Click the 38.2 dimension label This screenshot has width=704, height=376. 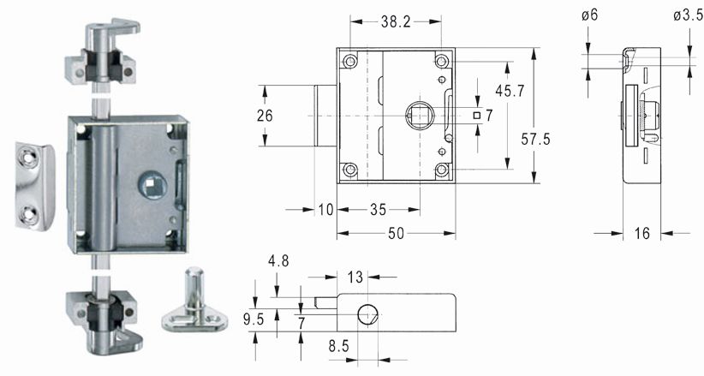click(396, 21)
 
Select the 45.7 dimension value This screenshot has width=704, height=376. click(510, 91)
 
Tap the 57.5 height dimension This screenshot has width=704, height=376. click(535, 140)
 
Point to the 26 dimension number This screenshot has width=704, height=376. click(265, 116)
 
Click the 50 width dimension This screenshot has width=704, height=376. click(396, 233)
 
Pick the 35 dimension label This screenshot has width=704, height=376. click(378, 209)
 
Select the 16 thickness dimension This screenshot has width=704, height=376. click(641, 233)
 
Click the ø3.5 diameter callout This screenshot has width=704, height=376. click(688, 15)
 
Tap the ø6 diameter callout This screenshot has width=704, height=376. click(589, 15)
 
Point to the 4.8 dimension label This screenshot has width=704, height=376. click(278, 261)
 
